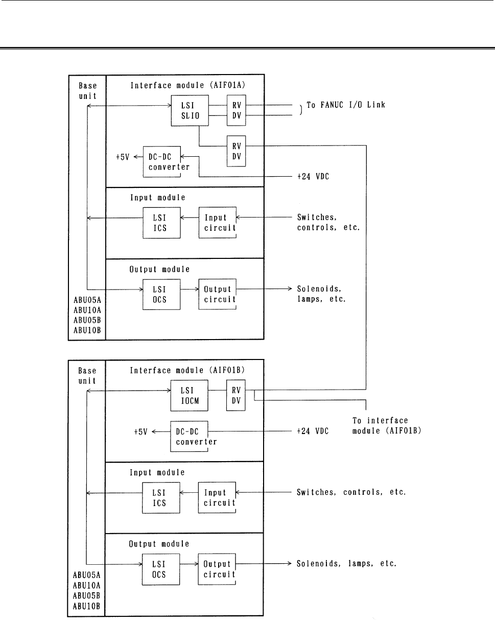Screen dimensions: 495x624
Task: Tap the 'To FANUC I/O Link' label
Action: tap(345, 105)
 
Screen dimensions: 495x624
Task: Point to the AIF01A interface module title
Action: tap(187, 85)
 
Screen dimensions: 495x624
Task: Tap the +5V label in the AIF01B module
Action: tap(140, 432)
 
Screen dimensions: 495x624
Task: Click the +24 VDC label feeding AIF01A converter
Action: tap(313, 177)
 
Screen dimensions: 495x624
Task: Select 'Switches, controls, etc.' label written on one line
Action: tap(351, 492)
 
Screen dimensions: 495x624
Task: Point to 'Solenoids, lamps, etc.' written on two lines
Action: tap(321, 294)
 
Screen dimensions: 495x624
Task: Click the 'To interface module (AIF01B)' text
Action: tap(387, 426)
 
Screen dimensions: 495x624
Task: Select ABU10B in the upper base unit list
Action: tap(87, 330)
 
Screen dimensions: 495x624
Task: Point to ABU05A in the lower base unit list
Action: tap(86, 575)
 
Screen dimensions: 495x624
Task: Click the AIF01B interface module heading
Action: tap(187, 370)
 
